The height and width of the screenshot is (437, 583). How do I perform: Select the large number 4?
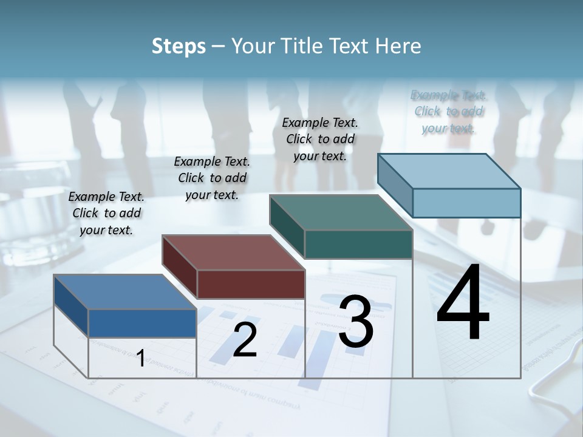point(463,303)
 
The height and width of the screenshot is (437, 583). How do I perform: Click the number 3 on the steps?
point(356,322)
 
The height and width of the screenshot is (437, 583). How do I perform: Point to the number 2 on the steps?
point(245,340)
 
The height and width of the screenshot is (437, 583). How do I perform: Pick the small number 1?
point(140,358)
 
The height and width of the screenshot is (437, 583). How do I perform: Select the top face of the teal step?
point(341,212)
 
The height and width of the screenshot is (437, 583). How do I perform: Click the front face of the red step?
point(251,284)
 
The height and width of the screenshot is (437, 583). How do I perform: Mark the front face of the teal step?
point(358,245)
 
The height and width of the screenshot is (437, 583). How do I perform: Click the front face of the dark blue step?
point(142,323)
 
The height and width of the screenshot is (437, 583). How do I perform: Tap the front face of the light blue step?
point(466,203)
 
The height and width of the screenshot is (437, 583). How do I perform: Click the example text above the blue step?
point(107,213)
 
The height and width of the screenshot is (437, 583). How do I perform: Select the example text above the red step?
point(212,178)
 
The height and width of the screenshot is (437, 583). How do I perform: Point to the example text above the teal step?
point(320,139)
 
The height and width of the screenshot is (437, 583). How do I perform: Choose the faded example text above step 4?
point(449,111)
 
